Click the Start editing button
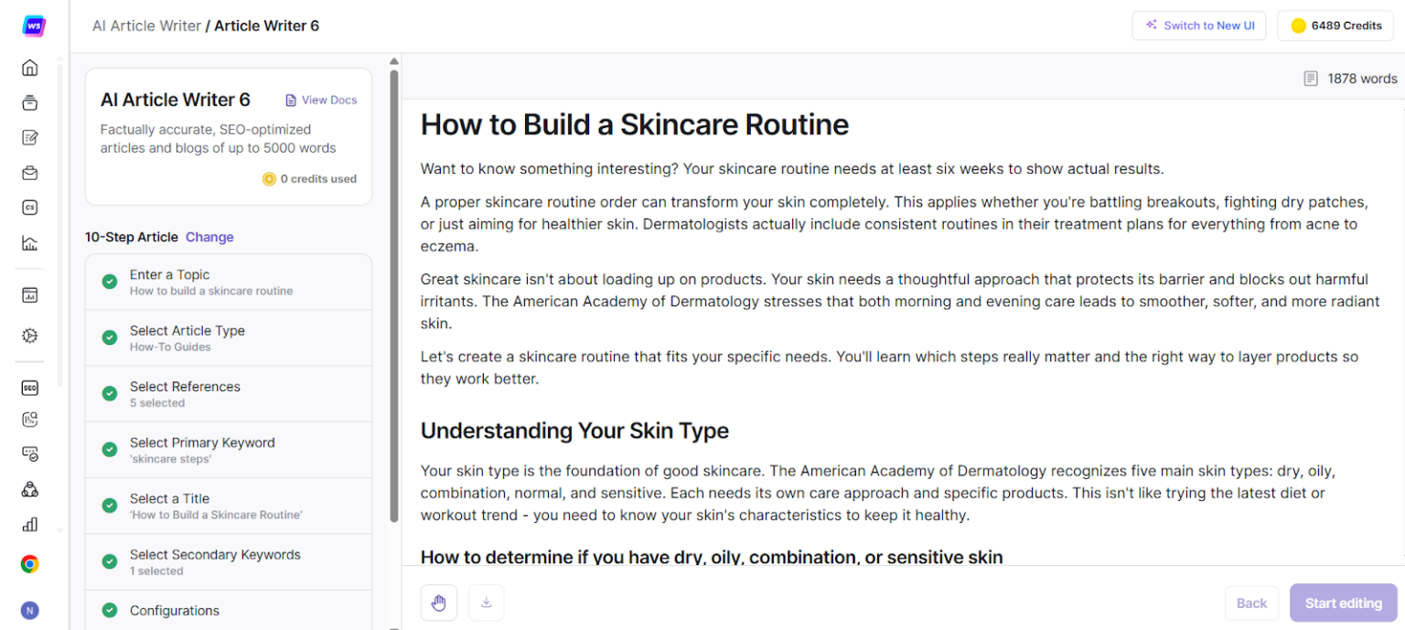[x=1343, y=603]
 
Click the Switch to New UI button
[x=1198, y=26]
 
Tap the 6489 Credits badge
[x=1335, y=26]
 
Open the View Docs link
[x=321, y=101]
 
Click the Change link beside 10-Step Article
[x=209, y=237]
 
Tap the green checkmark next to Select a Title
[x=110, y=506]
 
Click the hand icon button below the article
[x=438, y=603]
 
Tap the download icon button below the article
[x=486, y=603]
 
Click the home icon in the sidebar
[x=29, y=68]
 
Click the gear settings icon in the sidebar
[x=29, y=336]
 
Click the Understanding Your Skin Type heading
[x=574, y=431]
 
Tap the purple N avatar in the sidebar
[x=29, y=610]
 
